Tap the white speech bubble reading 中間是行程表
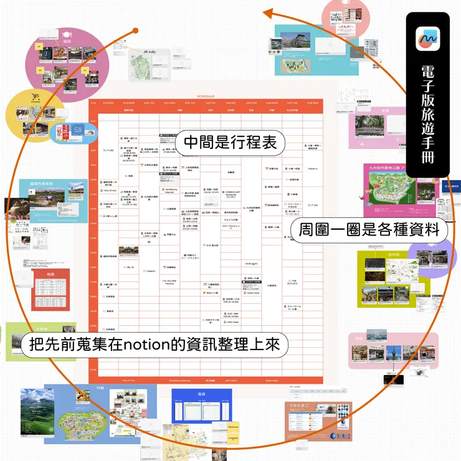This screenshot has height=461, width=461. click(x=230, y=143)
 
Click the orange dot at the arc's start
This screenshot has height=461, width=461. click(x=136, y=31)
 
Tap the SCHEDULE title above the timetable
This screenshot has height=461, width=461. click(x=205, y=97)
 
